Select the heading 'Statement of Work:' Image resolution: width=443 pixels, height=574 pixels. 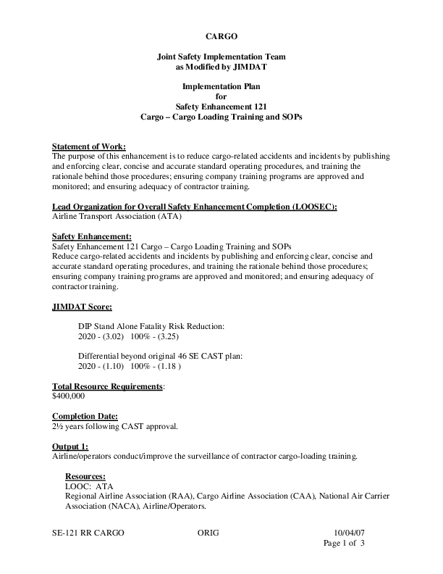click(89, 146)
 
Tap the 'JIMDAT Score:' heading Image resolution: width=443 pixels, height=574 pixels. click(82, 307)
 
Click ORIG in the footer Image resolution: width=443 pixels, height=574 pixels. click(208, 532)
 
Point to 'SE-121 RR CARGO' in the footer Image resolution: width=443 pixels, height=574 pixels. click(88, 532)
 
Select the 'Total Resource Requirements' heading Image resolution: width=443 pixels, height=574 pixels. click(108, 386)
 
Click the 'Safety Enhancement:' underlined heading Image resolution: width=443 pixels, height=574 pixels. click(92, 237)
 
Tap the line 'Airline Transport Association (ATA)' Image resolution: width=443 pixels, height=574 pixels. click(117, 216)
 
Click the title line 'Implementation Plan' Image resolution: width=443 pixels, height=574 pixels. click(221, 86)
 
